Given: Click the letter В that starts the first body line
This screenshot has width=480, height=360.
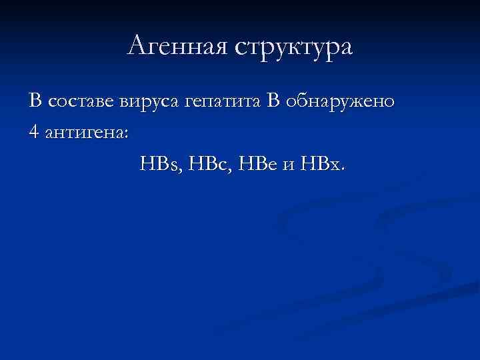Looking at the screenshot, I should pyautogui.click(x=35, y=102).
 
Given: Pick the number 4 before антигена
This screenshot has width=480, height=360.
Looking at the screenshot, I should pyautogui.click(x=34, y=132).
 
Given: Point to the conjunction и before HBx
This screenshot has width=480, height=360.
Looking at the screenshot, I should pyautogui.click(x=288, y=164).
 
